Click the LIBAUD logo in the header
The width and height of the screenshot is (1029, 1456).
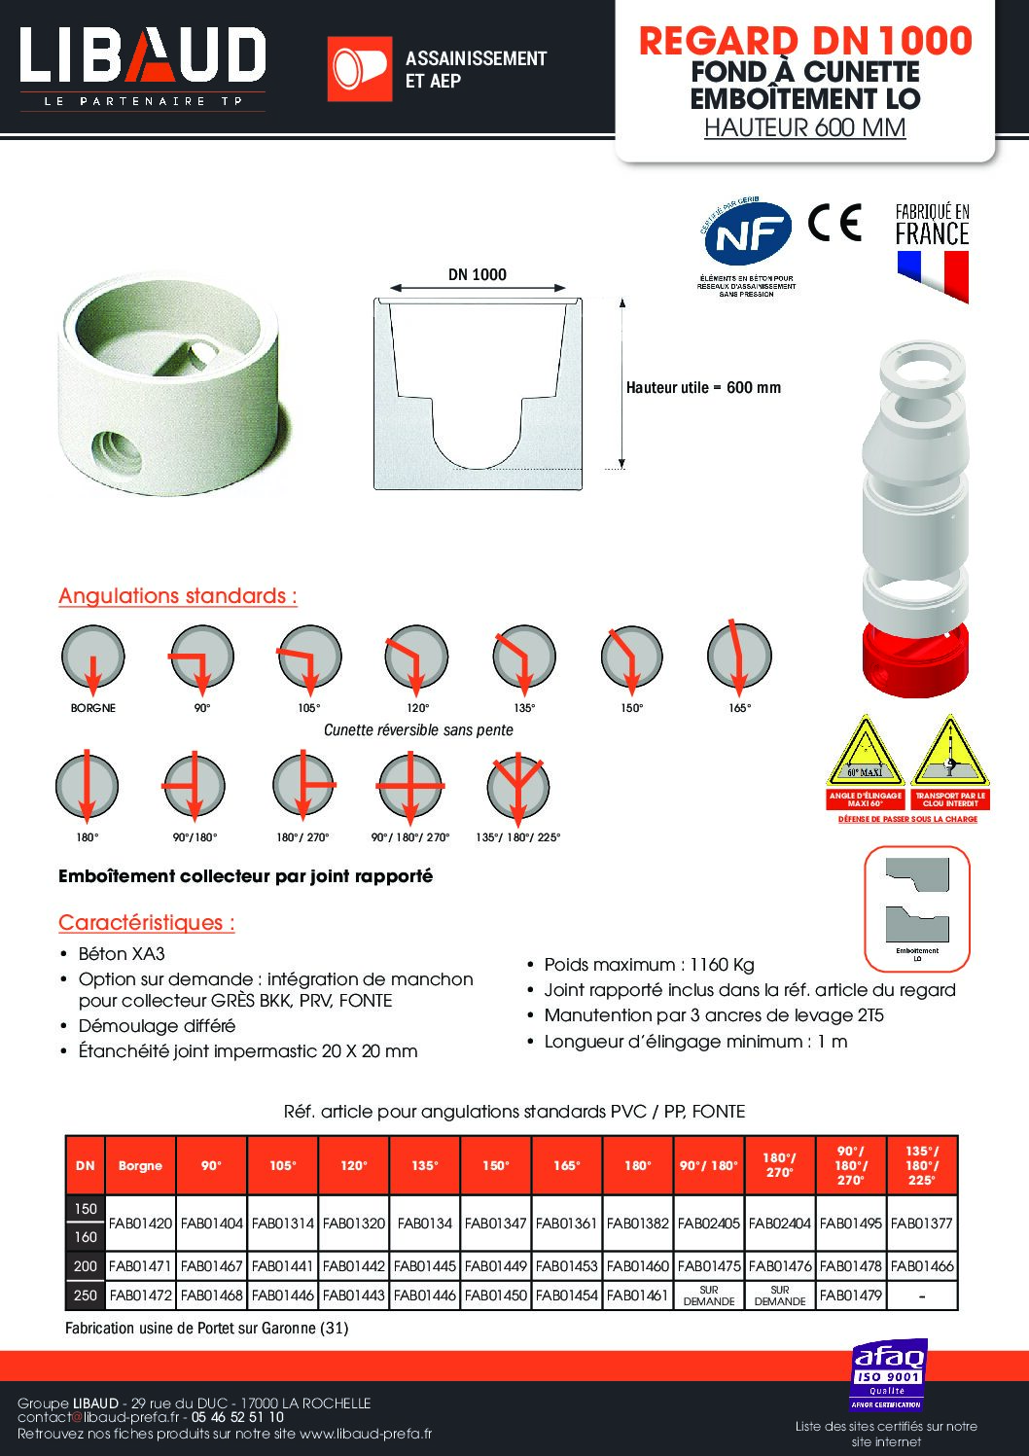(x=142, y=56)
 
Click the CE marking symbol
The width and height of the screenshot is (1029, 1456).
(x=834, y=224)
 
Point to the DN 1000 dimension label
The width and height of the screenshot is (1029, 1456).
(x=477, y=274)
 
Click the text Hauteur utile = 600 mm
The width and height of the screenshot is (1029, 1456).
(x=703, y=387)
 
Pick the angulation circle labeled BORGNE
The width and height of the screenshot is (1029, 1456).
(x=93, y=657)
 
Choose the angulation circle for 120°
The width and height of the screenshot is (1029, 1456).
(x=416, y=657)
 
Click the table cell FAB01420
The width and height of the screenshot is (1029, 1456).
(x=141, y=1223)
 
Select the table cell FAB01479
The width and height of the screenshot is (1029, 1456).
(x=850, y=1295)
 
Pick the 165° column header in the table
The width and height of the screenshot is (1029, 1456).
(x=566, y=1165)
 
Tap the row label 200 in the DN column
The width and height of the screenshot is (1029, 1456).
(x=86, y=1266)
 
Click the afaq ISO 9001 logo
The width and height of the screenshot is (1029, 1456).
(x=889, y=1375)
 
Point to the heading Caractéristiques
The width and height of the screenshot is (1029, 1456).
(x=147, y=922)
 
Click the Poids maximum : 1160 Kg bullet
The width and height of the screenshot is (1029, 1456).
(x=649, y=965)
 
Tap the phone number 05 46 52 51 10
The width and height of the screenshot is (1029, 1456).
(x=237, y=1418)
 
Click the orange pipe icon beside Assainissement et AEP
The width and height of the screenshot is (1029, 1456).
(x=359, y=69)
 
